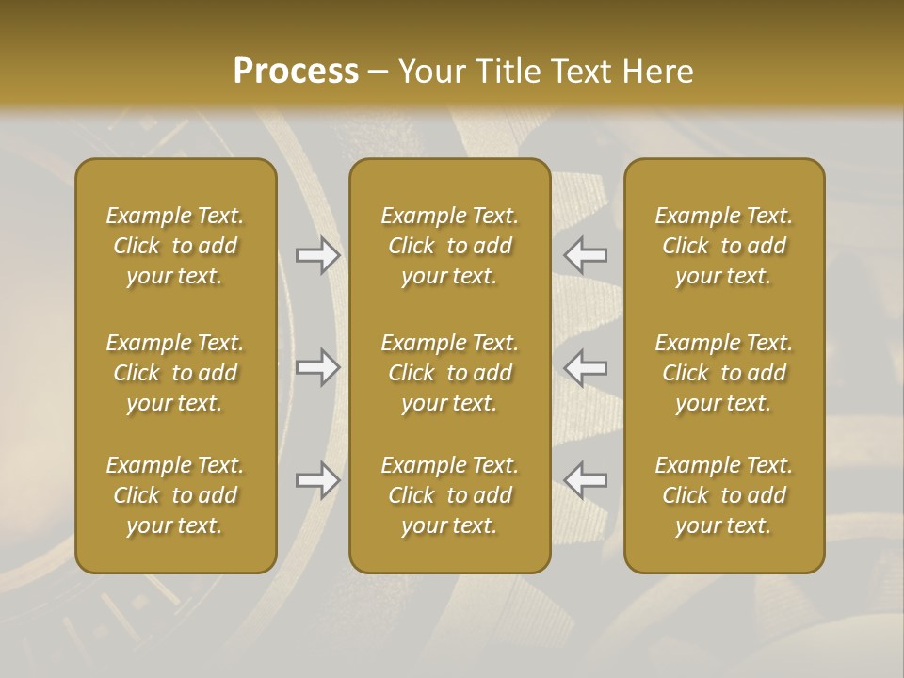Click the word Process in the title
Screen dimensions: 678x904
click(296, 72)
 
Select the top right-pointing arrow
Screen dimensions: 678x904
click(318, 254)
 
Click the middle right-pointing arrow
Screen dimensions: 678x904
click(318, 367)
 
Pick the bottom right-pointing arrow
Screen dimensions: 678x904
click(318, 480)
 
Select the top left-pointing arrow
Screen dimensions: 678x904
click(586, 254)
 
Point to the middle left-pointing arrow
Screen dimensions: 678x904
click(586, 367)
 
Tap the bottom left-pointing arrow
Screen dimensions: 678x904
click(586, 480)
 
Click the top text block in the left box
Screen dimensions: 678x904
click(175, 246)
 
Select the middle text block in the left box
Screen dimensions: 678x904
click(175, 373)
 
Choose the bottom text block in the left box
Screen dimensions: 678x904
click(175, 495)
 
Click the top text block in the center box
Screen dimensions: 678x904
click(449, 246)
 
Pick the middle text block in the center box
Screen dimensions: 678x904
click(449, 373)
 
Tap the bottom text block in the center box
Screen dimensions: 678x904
click(449, 495)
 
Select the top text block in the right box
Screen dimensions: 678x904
click(723, 246)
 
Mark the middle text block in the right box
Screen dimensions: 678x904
click(723, 373)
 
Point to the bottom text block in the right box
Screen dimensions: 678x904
click(723, 495)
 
